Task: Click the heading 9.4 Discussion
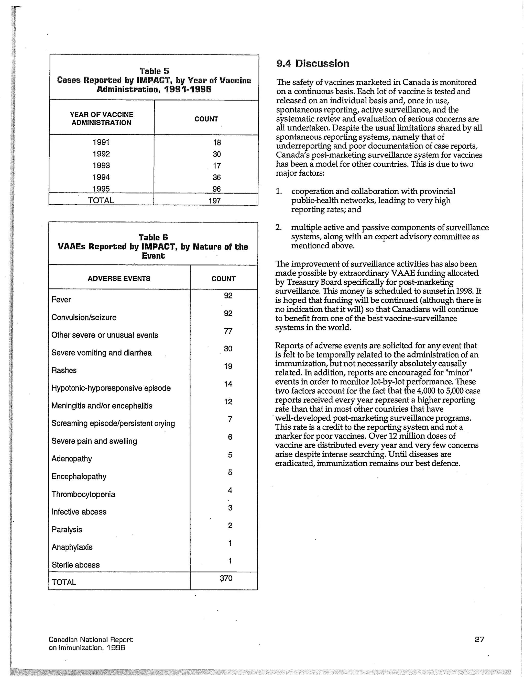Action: (x=313, y=63)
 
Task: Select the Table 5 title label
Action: (x=154, y=71)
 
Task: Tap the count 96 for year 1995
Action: (x=216, y=189)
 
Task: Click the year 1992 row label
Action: (x=101, y=154)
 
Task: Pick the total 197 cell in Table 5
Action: (x=215, y=201)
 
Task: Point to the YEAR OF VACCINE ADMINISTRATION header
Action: (x=101, y=118)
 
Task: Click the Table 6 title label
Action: (x=153, y=238)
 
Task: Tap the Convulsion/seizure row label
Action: (x=84, y=317)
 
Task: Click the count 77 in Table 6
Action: (x=228, y=331)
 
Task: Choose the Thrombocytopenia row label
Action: (x=83, y=494)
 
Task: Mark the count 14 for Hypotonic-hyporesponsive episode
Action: (x=228, y=384)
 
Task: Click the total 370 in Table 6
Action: (x=226, y=578)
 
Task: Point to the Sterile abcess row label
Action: (x=75, y=565)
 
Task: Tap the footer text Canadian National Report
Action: (x=91, y=640)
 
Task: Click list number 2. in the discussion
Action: (x=279, y=228)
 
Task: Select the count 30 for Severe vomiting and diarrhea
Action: (x=228, y=349)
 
